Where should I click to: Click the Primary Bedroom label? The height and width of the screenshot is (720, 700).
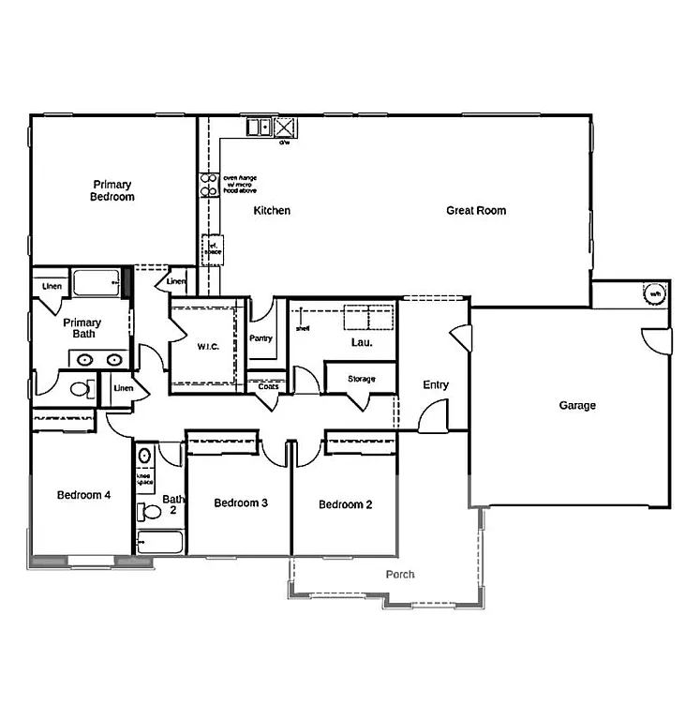coord(112,190)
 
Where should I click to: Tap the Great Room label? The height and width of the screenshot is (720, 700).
coord(475,211)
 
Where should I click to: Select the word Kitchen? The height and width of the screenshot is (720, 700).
coord(272,211)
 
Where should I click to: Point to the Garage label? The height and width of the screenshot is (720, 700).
coord(577,406)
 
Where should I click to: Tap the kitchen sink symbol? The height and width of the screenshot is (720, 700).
coord(259,127)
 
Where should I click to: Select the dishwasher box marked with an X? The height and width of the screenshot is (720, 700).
coord(285,127)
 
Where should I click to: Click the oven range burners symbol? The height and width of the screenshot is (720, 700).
coord(207,185)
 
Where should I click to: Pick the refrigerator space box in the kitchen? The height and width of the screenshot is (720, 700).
coord(213,249)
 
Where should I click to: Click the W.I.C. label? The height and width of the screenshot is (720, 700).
coord(208,346)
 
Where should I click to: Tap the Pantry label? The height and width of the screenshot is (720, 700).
coord(261,338)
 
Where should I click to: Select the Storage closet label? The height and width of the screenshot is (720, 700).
coord(361,379)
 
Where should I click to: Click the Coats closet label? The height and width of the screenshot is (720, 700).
coord(268,386)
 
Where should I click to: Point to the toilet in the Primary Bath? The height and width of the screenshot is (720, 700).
coord(80,388)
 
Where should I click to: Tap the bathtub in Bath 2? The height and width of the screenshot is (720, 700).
coord(159,542)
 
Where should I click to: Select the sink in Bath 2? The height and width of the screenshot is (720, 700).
coord(144,456)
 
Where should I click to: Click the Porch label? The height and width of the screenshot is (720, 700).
coord(400,575)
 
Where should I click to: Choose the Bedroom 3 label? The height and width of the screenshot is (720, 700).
coord(241,503)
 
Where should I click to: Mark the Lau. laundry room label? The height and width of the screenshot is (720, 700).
coord(362,343)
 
